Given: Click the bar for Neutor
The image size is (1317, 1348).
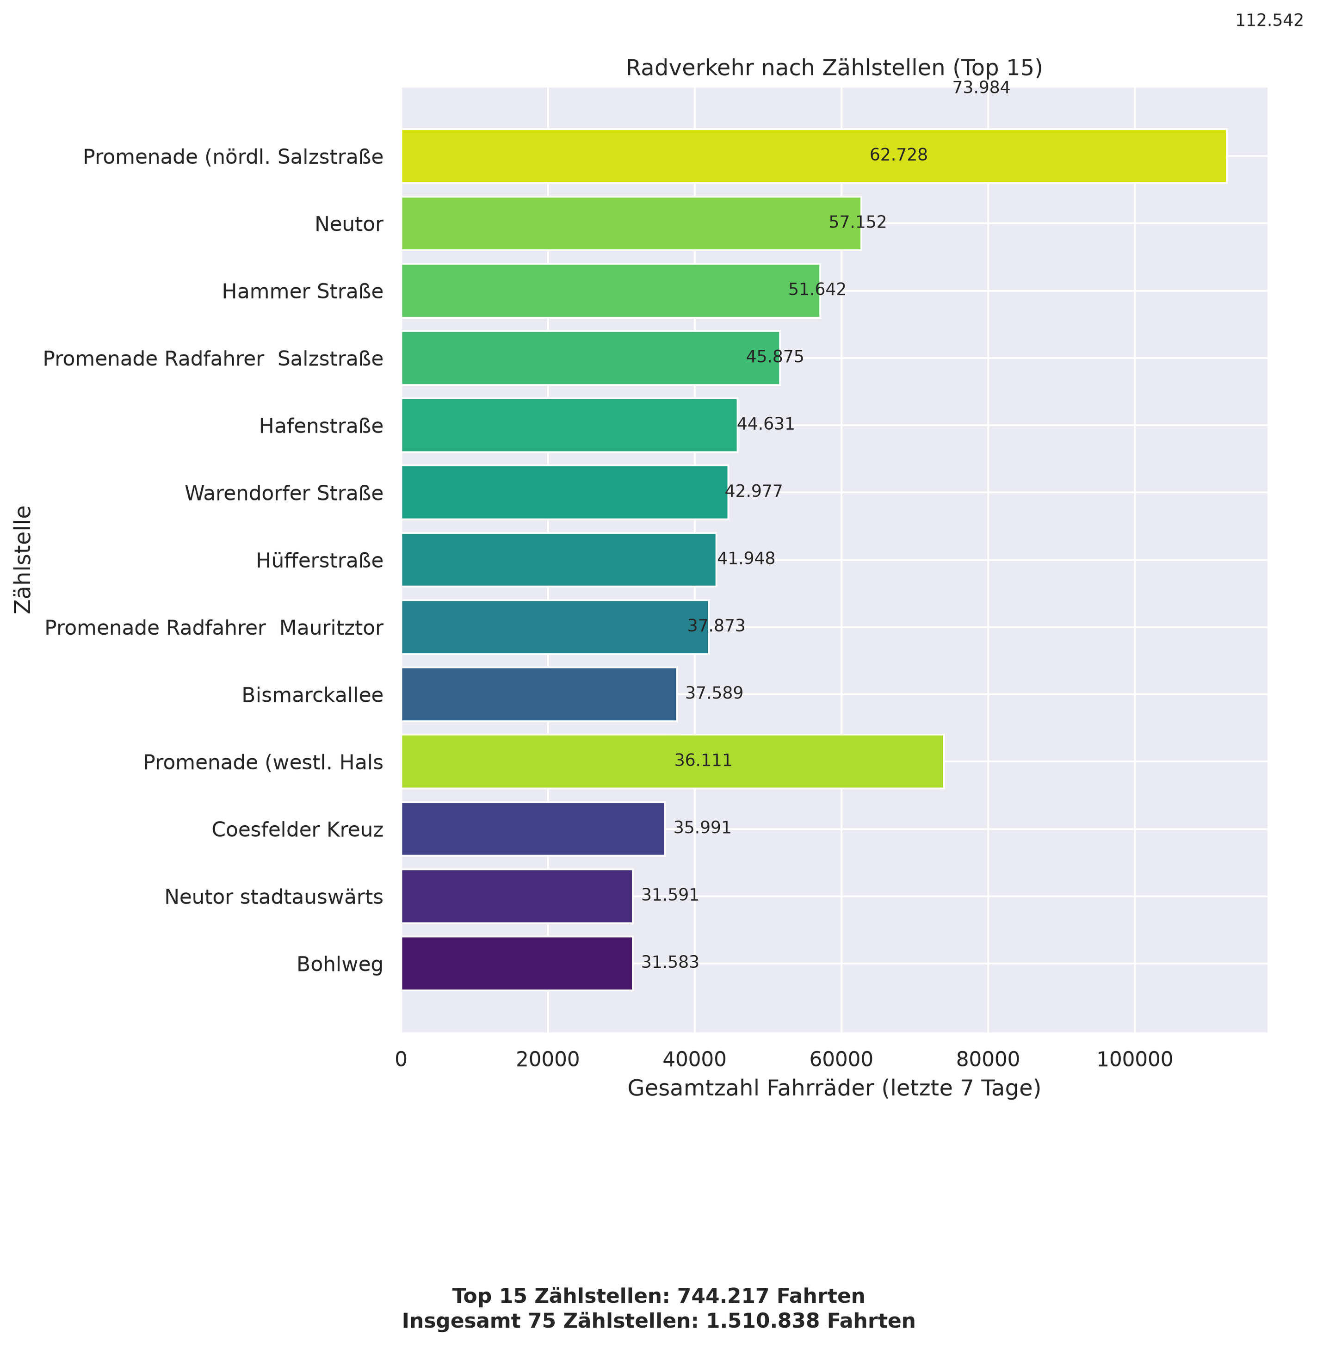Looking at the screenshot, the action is pos(631,223).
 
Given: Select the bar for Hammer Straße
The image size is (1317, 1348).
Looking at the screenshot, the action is pos(611,291).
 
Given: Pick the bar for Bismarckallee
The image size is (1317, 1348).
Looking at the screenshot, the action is pos(539,694).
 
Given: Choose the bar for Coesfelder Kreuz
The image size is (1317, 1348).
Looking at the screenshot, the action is pos(532,829).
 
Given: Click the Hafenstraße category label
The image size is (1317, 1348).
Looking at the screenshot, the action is pos(321,426).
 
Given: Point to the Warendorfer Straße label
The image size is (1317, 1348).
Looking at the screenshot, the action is pos(284,493).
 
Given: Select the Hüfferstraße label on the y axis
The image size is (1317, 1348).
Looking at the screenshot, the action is pos(320,560).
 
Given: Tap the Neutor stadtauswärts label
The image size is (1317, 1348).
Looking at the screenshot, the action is pos(274,897).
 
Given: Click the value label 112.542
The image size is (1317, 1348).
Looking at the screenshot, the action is pos(1269,21).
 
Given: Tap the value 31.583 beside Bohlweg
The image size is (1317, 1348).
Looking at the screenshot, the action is pos(669,962).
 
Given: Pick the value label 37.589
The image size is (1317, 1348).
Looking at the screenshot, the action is pos(714,693).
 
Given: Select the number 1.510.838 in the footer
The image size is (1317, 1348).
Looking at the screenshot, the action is pos(762,1321).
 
